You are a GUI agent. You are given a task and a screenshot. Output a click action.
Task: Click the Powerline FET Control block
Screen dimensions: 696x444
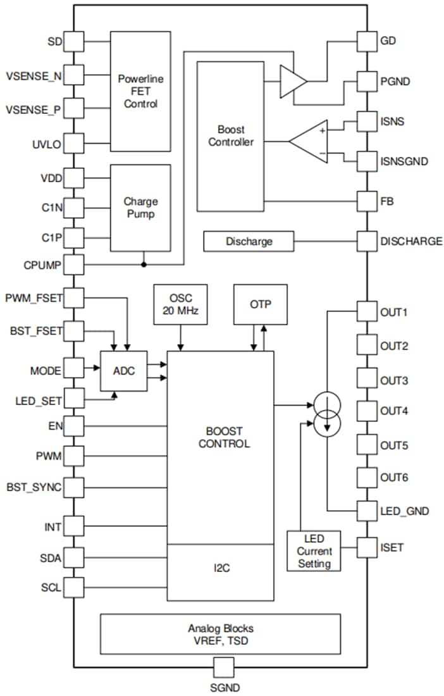click(140, 90)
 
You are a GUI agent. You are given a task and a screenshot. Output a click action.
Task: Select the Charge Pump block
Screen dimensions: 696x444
click(140, 208)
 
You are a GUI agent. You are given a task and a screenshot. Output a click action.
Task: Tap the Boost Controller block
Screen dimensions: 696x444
click(230, 136)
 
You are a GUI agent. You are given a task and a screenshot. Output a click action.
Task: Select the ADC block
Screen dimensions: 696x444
click(124, 371)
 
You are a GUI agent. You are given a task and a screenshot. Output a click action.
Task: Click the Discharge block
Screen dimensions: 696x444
click(249, 241)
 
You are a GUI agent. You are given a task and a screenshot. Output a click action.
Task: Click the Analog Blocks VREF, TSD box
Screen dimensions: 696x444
click(220, 633)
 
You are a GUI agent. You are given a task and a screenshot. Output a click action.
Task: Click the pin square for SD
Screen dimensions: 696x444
click(74, 42)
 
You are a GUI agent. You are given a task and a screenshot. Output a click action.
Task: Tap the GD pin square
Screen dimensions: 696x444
click(367, 42)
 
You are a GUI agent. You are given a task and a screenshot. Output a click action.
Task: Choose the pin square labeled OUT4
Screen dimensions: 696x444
click(367, 411)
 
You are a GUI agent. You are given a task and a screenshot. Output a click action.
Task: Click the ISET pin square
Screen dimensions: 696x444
click(367, 547)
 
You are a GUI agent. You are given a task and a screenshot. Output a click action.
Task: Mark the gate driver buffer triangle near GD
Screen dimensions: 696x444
click(293, 80)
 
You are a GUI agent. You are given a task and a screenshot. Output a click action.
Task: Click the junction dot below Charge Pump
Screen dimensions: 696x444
click(144, 264)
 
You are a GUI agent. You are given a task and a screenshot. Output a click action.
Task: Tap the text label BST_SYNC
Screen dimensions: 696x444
click(34, 488)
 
